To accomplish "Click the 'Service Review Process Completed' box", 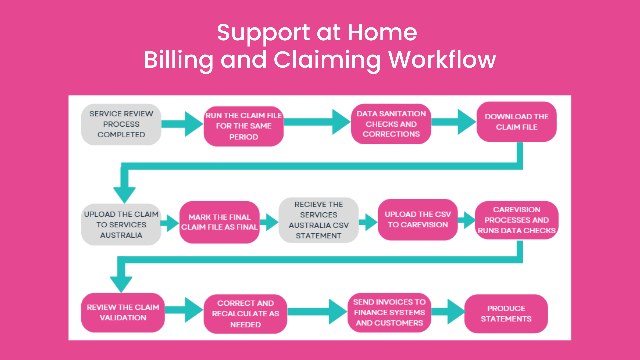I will tap(121, 124).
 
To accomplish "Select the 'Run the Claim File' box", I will tap(244, 126).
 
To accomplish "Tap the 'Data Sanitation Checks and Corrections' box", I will tap(391, 124).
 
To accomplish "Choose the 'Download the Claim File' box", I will tap(516, 122).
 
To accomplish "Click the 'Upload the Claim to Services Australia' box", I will tap(121, 225).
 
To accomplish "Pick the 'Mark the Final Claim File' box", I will tap(219, 222).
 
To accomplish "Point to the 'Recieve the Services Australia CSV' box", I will tap(318, 220).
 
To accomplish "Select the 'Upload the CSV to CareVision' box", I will tap(418, 220).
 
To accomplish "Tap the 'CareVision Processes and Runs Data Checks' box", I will tap(516, 220).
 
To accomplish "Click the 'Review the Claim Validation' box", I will tap(123, 313).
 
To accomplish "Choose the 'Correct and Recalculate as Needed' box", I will tap(245, 314).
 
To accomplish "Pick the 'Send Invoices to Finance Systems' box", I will tap(389, 313).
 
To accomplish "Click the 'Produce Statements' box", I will tap(506, 314).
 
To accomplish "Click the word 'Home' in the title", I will tap(382, 33).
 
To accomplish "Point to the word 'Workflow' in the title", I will tap(442, 60).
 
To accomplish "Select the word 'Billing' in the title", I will tap(178, 60).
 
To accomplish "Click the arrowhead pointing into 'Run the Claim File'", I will tap(193, 124).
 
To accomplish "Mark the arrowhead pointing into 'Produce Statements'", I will tap(456, 312).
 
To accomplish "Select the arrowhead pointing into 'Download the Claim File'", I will tap(466, 122).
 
